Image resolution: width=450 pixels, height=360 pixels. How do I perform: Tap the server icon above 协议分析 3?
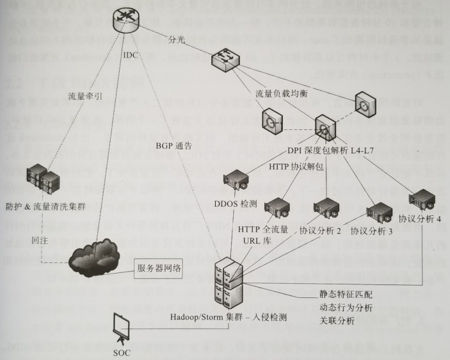coord(379,212)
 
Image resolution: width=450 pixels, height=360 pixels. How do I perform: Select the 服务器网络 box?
coord(157,268)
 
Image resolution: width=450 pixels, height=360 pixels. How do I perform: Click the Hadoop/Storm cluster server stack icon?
coord(229,282)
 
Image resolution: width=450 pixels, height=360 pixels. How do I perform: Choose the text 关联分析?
coord(337,320)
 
